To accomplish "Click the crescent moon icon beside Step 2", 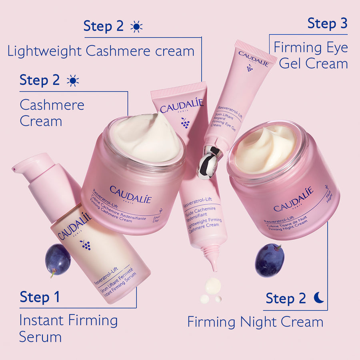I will pos(319,298).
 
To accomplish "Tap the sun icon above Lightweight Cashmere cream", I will pos(136,26).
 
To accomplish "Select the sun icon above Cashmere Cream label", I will pos(73,80).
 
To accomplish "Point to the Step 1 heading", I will pos(40,297).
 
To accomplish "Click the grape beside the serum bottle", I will pos(58,259).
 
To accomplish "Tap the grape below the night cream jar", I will pos(270,260).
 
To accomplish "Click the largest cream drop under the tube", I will pos(213,285).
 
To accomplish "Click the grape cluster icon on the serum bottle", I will pos(85,245).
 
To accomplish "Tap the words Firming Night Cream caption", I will pos(255,322).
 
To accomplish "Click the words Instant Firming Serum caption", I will pos(68,328).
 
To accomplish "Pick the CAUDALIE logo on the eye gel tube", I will pos(254,58).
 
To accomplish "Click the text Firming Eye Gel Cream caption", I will pos(311,56).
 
